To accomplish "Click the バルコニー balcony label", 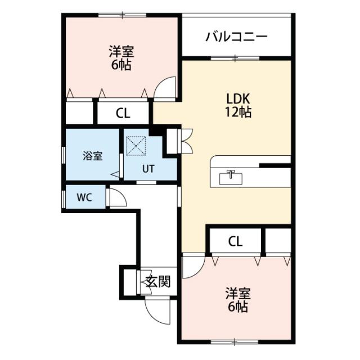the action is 236,37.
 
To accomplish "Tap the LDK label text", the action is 238,99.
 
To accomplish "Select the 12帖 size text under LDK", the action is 238,112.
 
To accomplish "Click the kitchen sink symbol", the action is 231,178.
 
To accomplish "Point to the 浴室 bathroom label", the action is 92,156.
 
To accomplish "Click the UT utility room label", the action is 148,169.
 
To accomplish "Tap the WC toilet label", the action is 84,197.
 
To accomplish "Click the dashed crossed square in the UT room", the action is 136,146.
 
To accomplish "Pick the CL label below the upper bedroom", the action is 123,113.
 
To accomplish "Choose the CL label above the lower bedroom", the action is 235,241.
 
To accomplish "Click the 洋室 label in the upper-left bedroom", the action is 121,51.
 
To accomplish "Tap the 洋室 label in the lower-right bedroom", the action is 238,294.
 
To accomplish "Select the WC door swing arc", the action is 121,194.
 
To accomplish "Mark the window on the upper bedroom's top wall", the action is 123,15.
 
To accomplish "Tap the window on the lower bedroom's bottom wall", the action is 235,342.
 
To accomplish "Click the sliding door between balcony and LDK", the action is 235,58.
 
